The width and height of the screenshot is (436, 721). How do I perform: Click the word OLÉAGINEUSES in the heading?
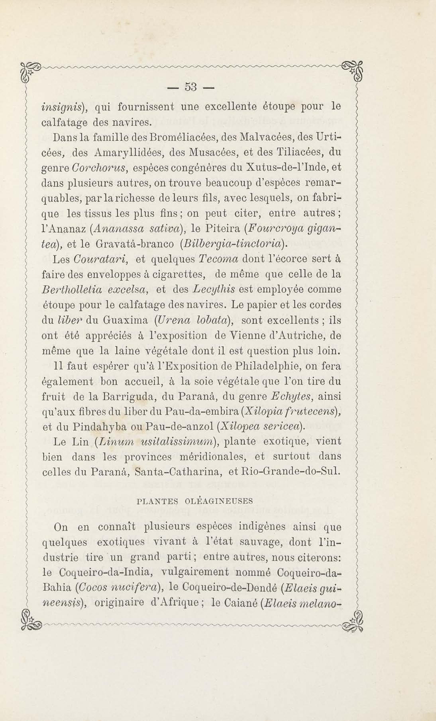click(219, 501)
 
